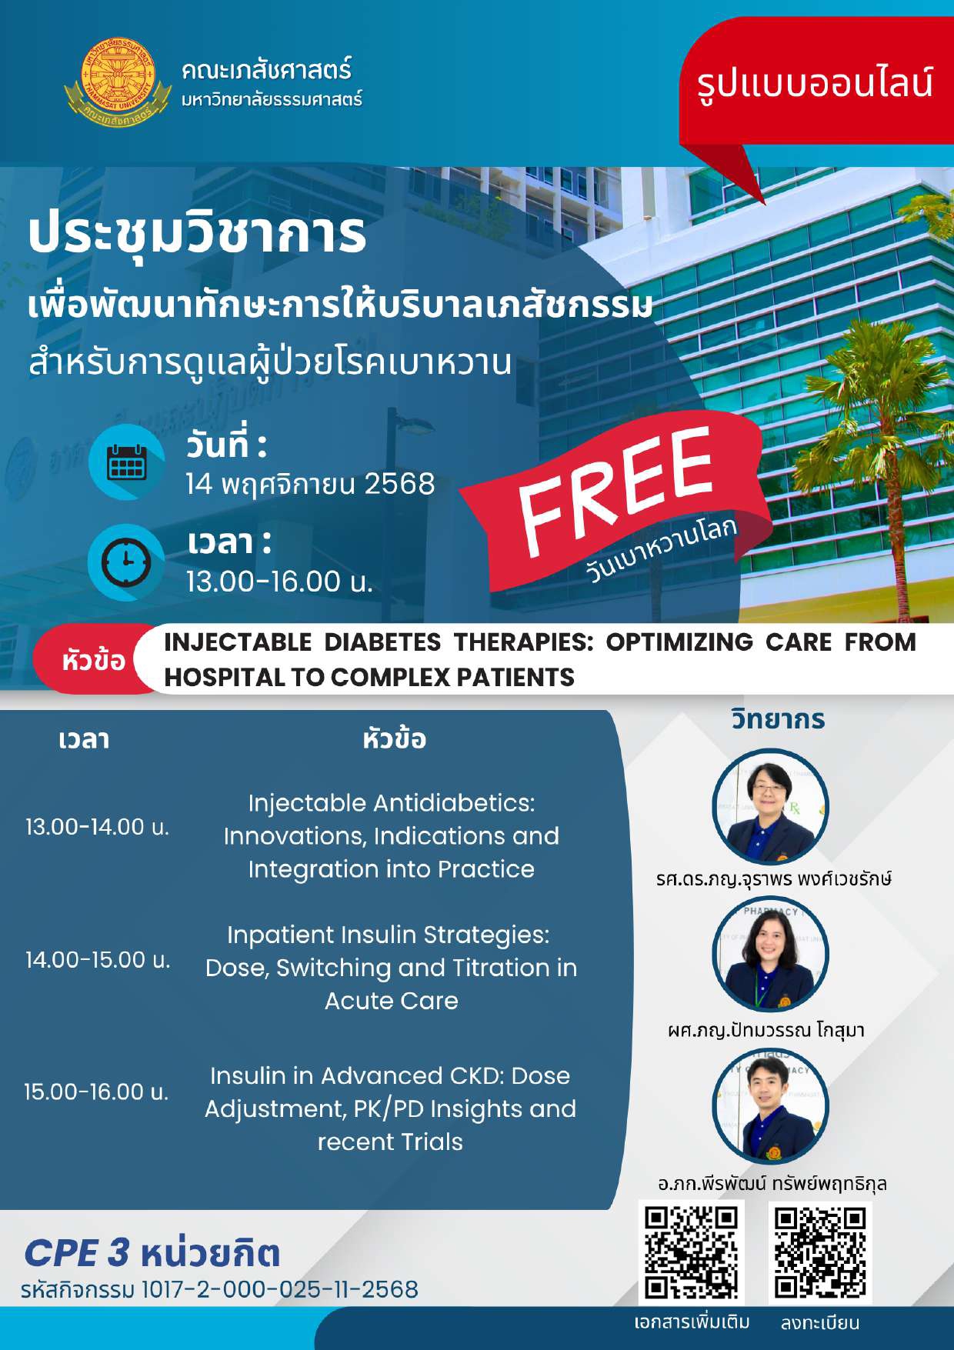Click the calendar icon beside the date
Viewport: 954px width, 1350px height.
[x=126, y=462]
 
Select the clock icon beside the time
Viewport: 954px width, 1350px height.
[x=126, y=562]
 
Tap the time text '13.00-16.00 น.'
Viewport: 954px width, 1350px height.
[x=279, y=582]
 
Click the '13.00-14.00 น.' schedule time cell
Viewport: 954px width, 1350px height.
[x=97, y=827]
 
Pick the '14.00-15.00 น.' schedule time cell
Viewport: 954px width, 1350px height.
[x=97, y=960]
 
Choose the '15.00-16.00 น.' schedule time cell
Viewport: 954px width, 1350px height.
[x=96, y=1092]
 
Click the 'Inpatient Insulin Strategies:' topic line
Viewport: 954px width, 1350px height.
[x=389, y=935]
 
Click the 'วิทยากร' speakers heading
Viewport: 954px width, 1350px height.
[x=778, y=720]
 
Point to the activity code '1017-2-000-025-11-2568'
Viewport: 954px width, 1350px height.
[x=280, y=1289]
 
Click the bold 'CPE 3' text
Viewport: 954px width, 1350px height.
[x=77, y=1252]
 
